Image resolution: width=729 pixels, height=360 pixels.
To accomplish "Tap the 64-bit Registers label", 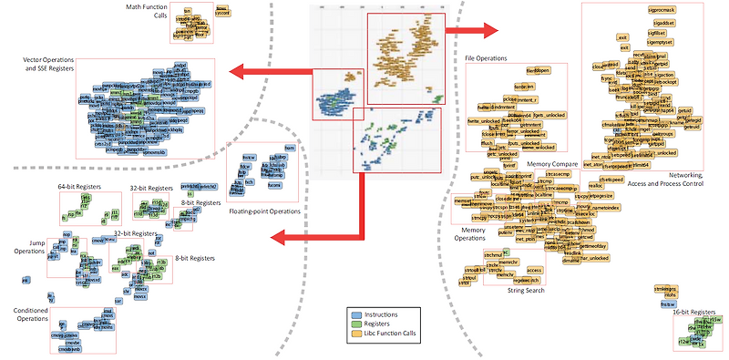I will tap(78, 186).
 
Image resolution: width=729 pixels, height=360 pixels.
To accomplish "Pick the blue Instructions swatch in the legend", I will tap(355, 313).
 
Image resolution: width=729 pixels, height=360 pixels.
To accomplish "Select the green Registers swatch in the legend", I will tap(355, 322).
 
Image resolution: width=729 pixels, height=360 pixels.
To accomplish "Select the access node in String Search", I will tap(535, 270).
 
